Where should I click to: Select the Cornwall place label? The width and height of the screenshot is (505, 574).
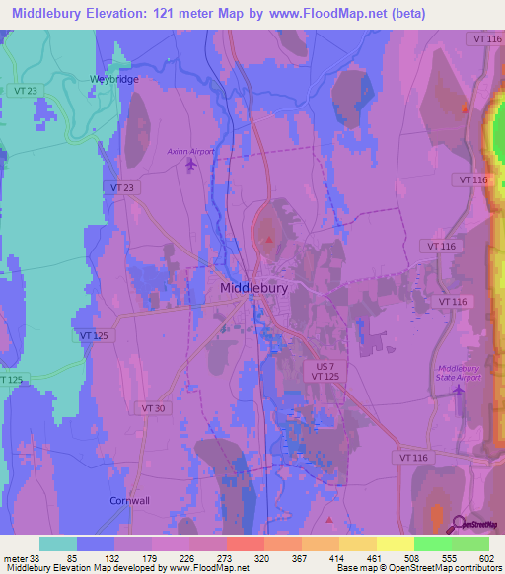[129, 500]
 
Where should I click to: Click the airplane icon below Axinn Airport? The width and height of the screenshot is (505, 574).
[190, 165]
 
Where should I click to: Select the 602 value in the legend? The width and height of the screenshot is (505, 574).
[489, 558]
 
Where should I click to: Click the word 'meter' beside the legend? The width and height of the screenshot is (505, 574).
[12, 558]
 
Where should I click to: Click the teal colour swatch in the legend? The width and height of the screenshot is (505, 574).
[58, 543]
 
